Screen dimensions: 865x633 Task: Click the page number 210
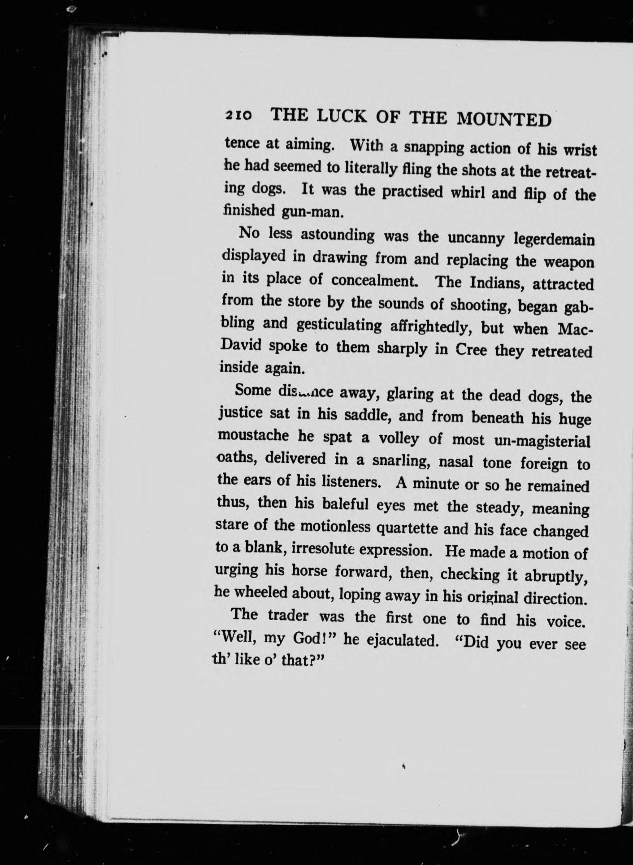pos(240,115)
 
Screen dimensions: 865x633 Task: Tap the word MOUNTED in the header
pos(504,119)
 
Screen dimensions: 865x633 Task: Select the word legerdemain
pos(554,239)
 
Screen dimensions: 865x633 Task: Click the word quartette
pos(407,529)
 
